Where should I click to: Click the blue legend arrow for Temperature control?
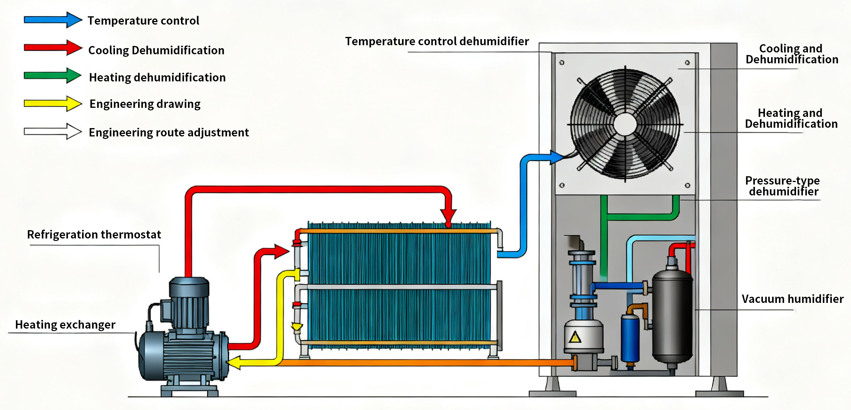click(53, 20)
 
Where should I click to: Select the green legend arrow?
click(53, 76)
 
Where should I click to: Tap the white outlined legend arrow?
click(53, 131)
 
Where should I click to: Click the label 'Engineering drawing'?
click(145, 104)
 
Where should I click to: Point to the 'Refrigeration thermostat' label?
click(94, 234)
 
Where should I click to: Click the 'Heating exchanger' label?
click(65, 325)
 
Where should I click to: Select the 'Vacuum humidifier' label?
click(792, 299)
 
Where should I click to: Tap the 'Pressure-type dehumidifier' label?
click(783, 186)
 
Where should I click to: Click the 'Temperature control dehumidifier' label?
click(437, 41)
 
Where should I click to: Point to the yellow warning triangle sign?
click(575, 338)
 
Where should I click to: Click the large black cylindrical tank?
click(672, 318)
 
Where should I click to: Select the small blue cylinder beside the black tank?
click(630, 338)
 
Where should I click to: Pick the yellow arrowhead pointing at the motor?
click(235, 362)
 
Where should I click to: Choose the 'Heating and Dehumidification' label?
click(791, 118)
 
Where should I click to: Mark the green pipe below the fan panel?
click(640, 216)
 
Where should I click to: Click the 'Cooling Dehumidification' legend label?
click(156, 50)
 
